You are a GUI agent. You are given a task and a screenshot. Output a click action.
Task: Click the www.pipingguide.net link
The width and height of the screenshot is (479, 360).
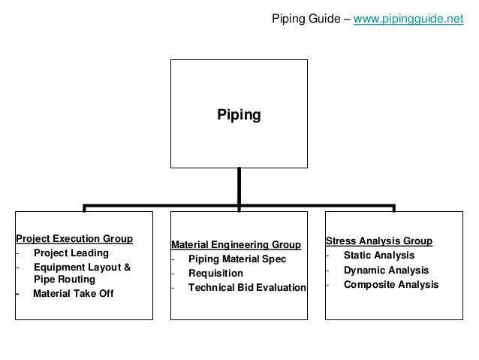tap(408, 19)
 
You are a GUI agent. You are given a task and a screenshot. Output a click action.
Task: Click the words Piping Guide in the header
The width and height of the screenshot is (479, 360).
tap(304, 19)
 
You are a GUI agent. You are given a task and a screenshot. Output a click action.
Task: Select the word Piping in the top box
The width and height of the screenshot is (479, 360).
tap(239, 115)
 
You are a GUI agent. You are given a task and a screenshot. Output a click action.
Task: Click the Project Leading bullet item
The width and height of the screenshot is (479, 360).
tap(71, 253)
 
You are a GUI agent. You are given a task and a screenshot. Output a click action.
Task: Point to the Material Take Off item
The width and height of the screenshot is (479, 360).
tap(74, 293)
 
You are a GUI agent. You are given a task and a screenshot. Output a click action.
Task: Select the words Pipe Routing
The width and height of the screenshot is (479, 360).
tap(65, 279)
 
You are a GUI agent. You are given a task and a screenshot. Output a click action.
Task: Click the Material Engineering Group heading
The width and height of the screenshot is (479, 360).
tap(236, 245)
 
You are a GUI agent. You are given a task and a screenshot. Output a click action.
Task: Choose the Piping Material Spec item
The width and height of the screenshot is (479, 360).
tap(237, 259)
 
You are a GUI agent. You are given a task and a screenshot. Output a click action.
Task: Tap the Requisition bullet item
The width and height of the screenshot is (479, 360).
tap(215, 274)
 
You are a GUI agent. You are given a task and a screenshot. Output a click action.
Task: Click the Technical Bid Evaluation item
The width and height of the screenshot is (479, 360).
tap(247, 288)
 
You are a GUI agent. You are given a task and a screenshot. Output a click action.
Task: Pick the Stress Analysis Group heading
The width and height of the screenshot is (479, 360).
tap(378, 241)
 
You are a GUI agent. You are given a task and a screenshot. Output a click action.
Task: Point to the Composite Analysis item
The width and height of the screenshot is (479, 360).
tap(390, 284)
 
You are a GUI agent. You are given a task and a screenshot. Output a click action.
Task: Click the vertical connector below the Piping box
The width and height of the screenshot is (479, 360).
tap(239, 186)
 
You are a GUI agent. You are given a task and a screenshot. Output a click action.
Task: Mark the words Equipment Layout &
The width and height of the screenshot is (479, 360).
tap(82, 267)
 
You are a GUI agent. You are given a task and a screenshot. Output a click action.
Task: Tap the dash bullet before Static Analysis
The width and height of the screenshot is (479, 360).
tap(327, 256)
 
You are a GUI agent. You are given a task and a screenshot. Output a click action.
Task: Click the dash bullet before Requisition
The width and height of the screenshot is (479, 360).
tap(173, 274)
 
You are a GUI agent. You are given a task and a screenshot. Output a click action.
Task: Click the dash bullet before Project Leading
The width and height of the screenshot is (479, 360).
tap(17, 253)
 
